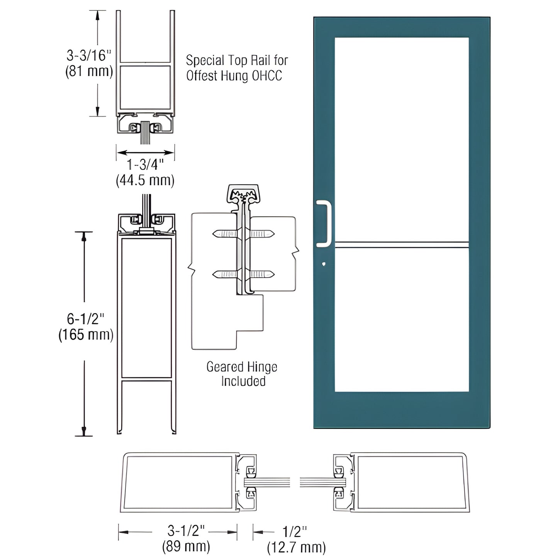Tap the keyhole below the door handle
(x=323, y=265)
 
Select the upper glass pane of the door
(x=402, y=139)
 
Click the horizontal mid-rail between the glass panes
(x=402, y=244)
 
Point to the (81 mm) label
(x=89, y=71)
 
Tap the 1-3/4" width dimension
(x=145, y=165)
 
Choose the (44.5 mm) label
(x=145, y=180)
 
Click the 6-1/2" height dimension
(x=86, y=319)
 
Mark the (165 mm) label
(x=86, y=334)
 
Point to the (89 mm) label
(x=186, y=546)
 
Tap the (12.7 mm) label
(x=296, y=547)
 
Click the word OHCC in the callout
(x=267, y=76)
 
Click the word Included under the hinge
(x=243, y=382)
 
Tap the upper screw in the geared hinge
(x=243, y=234)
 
